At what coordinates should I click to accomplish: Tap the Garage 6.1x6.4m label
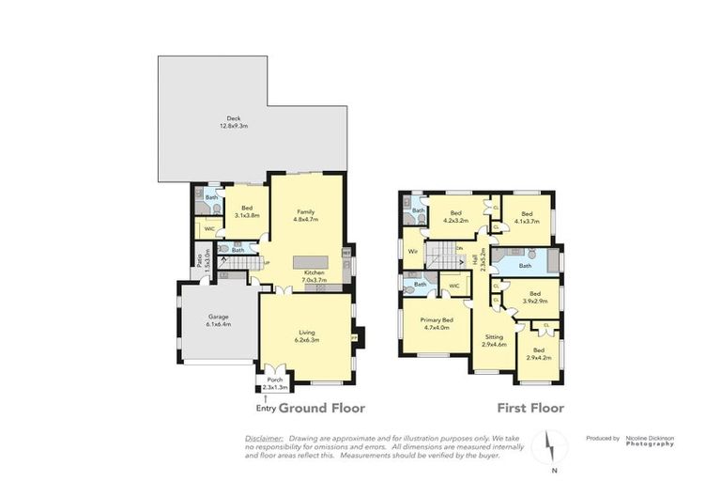[219, 320]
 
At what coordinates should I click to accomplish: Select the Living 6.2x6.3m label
[307, 336]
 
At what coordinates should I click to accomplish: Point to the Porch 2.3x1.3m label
[276, 383]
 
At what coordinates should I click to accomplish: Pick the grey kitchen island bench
[314, 262]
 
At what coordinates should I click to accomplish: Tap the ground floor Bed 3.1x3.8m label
[248, 211]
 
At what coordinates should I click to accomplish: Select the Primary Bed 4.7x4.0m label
[437, 323]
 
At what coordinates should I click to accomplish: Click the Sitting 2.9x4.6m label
[494, 341]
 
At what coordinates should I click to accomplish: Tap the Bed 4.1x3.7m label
[527, 216]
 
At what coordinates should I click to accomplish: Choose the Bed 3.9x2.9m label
[533, 297]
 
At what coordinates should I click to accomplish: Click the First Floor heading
[531, 409]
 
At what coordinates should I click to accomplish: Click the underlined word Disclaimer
[264, 438]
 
